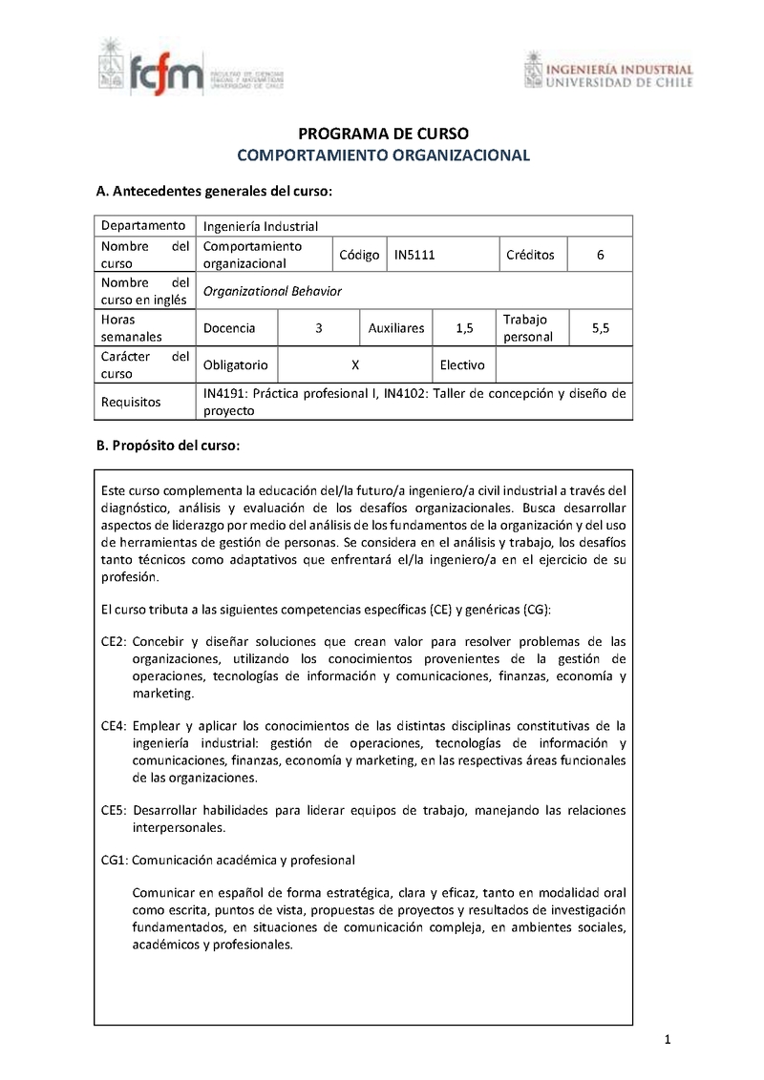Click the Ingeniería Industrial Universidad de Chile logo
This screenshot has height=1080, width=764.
608,70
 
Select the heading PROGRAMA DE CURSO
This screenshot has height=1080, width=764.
383,134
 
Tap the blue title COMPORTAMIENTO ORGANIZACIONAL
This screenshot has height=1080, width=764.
383,155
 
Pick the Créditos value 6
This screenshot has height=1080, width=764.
600,255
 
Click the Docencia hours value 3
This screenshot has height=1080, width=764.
318,327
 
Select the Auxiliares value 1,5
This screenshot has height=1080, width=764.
464,327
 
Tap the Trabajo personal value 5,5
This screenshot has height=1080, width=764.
600,327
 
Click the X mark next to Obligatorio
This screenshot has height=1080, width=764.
354,364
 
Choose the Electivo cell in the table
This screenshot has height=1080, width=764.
462,364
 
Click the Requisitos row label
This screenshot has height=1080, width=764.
131,402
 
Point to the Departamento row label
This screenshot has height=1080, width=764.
143,225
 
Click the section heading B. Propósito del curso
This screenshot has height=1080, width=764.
167,446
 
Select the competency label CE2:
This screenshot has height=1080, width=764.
114,641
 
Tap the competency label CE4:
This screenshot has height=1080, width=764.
114,725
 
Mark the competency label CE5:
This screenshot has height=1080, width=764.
114,810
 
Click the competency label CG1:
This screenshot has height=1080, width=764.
115,860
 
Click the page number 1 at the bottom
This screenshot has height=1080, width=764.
668,1039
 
